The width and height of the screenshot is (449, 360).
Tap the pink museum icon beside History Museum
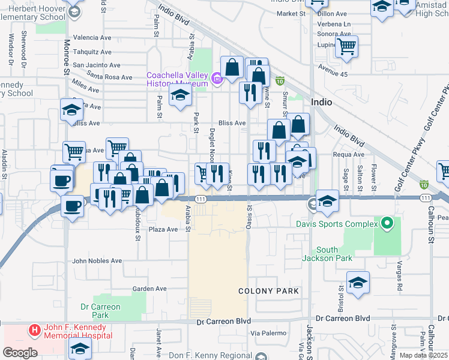coord(215,78)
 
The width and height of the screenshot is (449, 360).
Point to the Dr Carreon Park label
coord(100,311)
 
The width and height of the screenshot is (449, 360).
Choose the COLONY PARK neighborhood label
coord(268,291)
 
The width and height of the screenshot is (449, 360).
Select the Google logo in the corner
coord(20,352)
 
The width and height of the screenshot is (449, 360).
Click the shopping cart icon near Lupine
coord(346,46)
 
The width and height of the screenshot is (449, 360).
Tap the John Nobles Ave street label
coord(97,261)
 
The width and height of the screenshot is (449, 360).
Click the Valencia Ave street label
coord(92,37)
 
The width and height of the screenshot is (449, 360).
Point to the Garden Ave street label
coord(149,289)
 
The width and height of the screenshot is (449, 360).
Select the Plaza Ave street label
coord(164,229)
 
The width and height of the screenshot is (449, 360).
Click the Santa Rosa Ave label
coord(110,77)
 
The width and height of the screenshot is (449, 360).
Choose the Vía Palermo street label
coord(266,332)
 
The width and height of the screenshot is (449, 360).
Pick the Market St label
coord(292,13)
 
